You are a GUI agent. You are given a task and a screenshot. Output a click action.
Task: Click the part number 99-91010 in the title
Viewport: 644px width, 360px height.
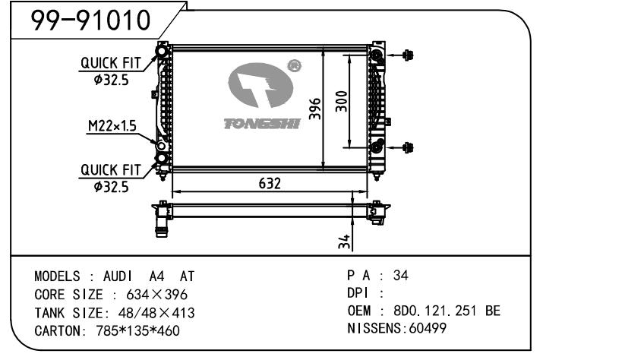click(x=90, y=21)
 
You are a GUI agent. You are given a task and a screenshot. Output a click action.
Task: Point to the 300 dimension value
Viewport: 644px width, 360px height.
click(x=343, y=103)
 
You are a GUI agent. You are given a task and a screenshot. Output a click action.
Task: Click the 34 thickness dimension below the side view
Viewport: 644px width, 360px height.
click(x=344, y=242)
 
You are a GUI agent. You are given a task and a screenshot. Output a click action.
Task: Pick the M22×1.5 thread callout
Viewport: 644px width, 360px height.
click(x=111, y=126)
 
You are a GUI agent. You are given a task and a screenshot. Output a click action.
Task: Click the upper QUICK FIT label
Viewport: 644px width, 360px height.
click(x=111, y=64)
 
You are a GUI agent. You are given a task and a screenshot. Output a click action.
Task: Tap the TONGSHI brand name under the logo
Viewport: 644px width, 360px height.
click(x=261, y=123)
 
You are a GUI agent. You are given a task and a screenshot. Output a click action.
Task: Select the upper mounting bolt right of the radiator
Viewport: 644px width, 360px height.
click(x=408, y=55)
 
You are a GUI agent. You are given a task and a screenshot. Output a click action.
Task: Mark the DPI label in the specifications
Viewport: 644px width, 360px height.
click(x=360, y=293)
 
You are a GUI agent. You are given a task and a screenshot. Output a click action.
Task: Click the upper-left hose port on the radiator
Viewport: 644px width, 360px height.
click(x=162, y=52)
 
